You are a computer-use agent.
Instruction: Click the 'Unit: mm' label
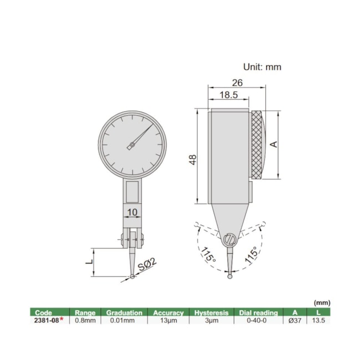263,67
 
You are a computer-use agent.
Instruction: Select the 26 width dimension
237,83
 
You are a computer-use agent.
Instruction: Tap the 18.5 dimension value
228,95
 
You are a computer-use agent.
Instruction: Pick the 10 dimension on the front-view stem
132,212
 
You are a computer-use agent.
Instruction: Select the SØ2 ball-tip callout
148,268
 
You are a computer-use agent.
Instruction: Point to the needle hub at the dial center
131,146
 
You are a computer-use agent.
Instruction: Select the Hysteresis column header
211,312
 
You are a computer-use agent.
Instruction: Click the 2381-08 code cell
47,320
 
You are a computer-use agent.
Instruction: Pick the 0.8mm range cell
85,320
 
